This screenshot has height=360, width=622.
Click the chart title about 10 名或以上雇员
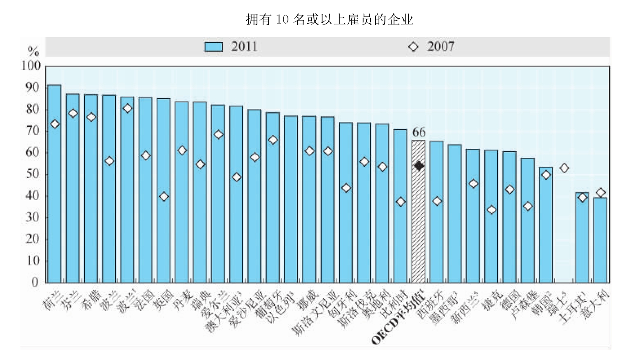tap(329, 20)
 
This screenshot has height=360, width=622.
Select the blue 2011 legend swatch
tap(213, 47)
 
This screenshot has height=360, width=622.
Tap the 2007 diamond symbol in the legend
tap(413, 47)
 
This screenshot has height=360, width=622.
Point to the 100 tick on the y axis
tap(31, 66)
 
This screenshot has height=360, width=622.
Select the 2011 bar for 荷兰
tap(54, 183)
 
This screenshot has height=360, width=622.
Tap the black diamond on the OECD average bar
tap(419, 166)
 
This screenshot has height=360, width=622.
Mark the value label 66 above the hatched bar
tap(419, 132)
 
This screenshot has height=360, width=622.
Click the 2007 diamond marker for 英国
tap(164, 197)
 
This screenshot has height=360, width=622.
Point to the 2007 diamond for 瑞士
tap(564, 168)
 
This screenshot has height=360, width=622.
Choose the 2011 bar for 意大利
tap(600, 241)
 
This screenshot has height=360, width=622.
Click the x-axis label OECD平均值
tap(398, 318)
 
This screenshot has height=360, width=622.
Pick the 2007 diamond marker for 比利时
tap(401, 202)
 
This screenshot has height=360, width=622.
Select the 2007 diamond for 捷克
tap(491, 210)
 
